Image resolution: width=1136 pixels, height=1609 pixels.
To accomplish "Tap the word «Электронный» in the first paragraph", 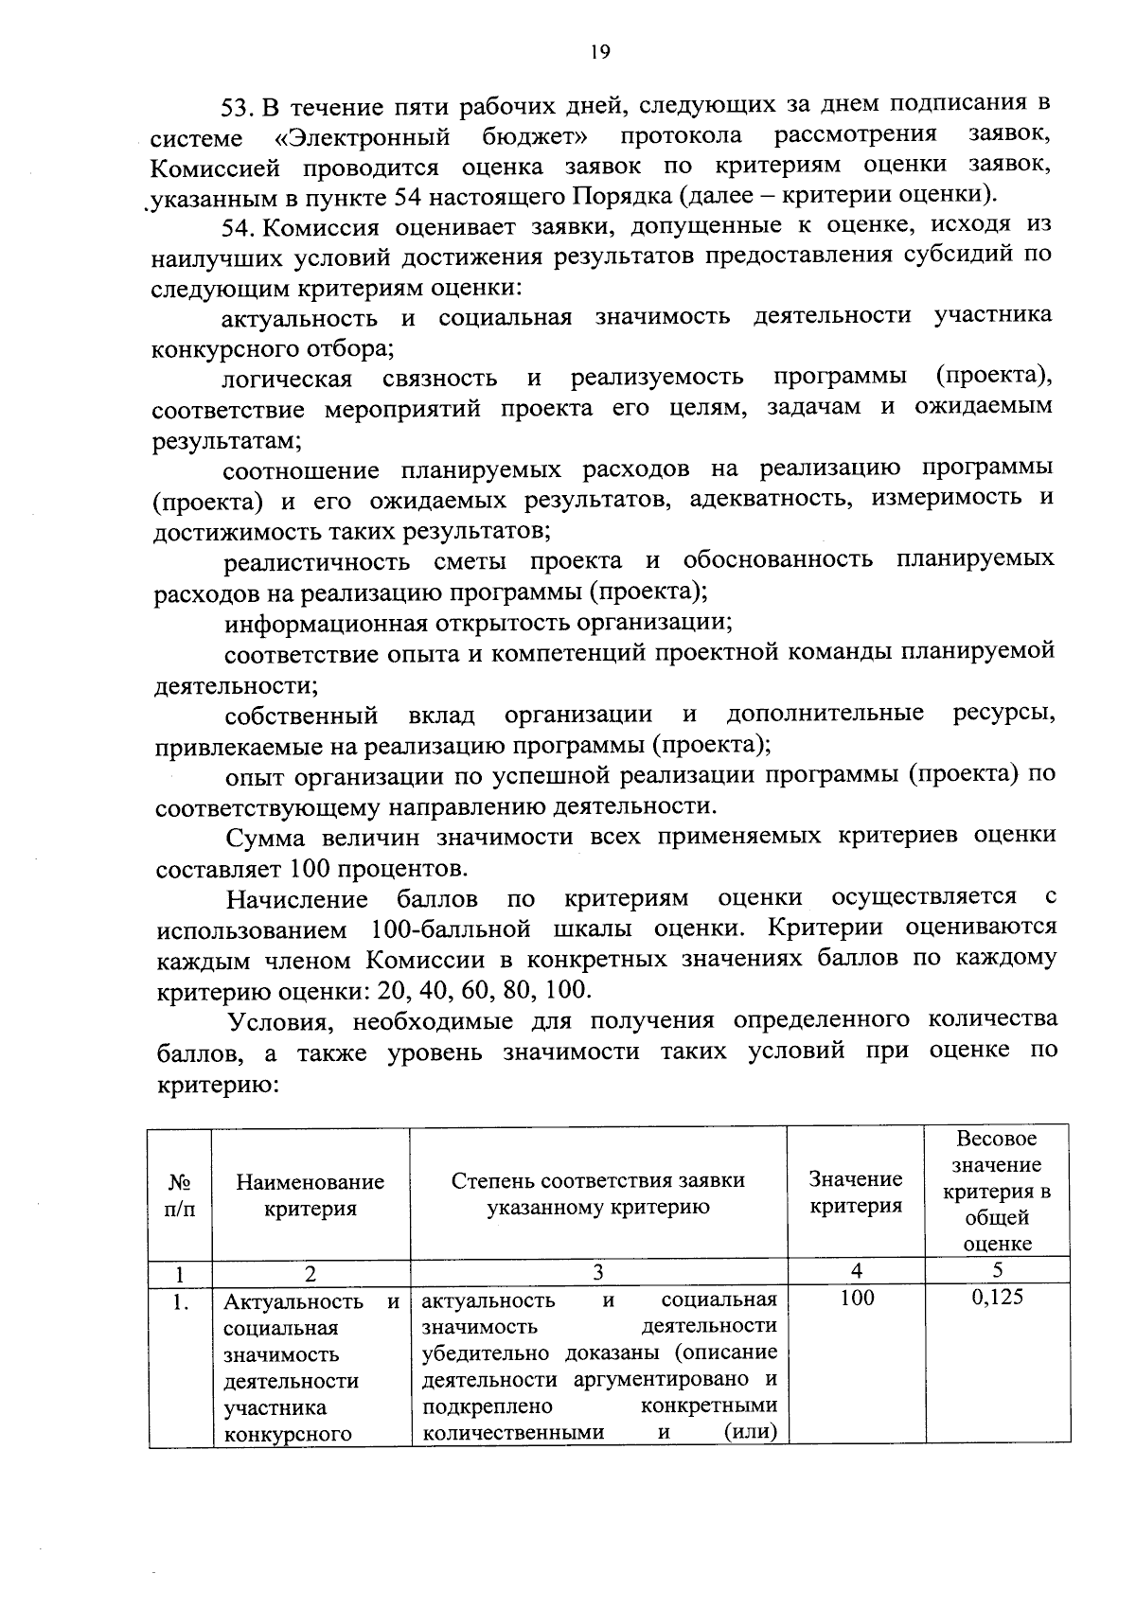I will point(362,137).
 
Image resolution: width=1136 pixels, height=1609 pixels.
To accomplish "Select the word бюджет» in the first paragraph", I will point(531,136).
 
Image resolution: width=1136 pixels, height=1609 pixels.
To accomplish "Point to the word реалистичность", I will point(316,561).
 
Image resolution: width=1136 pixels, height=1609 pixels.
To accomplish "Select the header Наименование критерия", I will point(311,1194).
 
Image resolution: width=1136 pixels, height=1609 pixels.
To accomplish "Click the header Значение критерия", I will point(856,1192).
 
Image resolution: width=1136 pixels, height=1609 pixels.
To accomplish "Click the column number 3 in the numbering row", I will point(597,1270).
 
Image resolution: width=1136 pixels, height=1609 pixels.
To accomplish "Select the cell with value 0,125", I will point(997,1297).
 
